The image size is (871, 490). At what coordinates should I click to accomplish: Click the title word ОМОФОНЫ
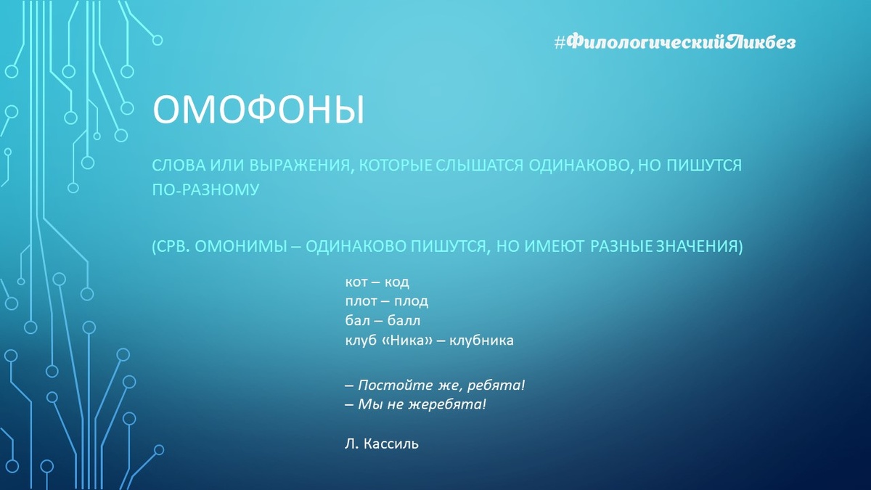[x=258, y=110]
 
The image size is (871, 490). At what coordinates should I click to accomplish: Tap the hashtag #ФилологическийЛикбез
[x=675, y=42]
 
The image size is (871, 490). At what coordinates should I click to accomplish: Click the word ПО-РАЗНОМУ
[x=205, y=189]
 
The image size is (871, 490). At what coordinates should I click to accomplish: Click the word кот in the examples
[x=356, y=282]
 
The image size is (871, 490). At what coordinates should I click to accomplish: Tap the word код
[x=396, y=282]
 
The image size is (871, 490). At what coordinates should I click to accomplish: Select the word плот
[x=361, y=301]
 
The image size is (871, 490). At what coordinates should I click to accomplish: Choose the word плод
[x=411, y=301]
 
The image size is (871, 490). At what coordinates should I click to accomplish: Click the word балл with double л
[x=404, y=321]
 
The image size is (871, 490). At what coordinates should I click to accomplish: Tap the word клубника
[x=481, y=340]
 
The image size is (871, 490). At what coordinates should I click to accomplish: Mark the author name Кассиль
[x=391, y=444]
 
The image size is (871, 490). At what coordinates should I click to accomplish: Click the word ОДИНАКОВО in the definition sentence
[x=579, y=166]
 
